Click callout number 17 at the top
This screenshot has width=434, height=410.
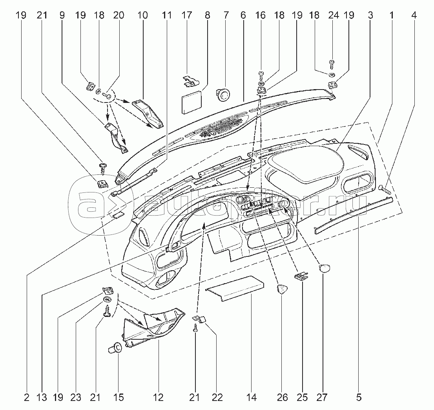click(x=187, y=16)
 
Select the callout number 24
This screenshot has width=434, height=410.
click(x=333, y=16)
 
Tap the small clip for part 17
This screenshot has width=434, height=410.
click(x=190, y=81)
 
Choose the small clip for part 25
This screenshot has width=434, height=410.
click(x=300, y=277)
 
